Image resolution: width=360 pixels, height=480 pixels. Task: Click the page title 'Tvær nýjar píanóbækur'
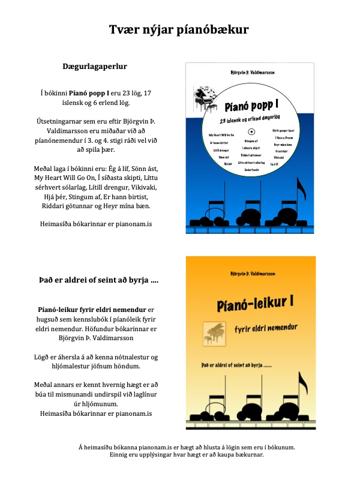(179, 31)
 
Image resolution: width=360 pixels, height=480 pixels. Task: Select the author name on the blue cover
(261, 72)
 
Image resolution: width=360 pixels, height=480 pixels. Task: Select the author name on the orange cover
(261, 273)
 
